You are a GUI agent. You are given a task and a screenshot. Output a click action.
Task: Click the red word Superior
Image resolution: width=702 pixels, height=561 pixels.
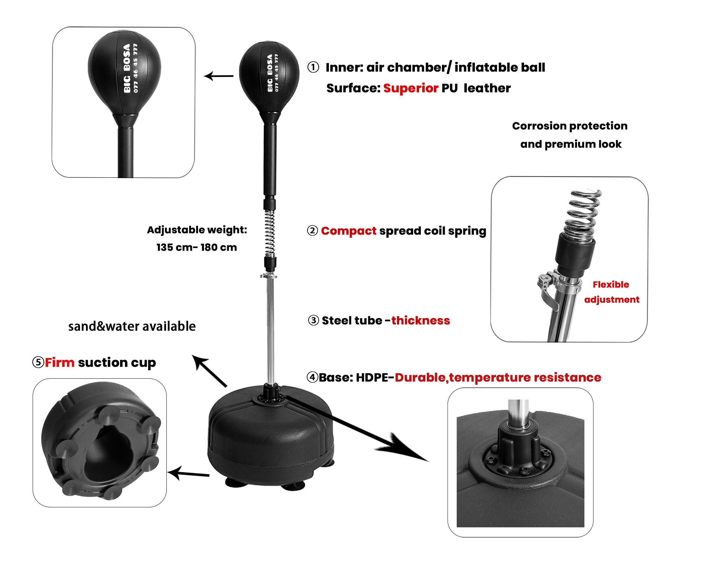tap(411, 88)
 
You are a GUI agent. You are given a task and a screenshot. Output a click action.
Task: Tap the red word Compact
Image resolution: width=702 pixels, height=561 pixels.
tap(349, 231)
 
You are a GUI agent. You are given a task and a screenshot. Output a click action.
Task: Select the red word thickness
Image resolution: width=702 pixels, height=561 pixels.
tap(420, 320)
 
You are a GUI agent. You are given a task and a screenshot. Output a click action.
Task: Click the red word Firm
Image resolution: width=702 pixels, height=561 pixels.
tap(60, 362)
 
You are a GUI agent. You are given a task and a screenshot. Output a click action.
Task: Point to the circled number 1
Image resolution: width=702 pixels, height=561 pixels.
tap(313, 67)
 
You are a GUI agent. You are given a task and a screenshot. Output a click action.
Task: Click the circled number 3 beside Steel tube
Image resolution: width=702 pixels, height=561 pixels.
tap(313, 320)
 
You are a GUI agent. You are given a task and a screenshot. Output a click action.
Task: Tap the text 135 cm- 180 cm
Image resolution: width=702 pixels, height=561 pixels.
tap(197, 247)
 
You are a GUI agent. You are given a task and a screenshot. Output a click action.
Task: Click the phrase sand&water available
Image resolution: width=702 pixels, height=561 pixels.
tap(132, 326)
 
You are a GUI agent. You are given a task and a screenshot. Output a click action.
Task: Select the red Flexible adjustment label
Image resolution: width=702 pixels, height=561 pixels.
tap(611, 292)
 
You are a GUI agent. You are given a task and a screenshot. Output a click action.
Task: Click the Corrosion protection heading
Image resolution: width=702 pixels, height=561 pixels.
tap(570, 126)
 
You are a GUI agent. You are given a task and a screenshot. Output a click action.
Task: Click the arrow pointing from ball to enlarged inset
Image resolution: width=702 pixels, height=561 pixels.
tap(219, 76)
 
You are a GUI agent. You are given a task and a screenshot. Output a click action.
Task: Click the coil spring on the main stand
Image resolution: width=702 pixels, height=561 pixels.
tap(270, 233)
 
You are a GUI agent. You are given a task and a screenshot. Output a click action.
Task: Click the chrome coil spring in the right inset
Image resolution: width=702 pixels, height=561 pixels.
tap(583, 216)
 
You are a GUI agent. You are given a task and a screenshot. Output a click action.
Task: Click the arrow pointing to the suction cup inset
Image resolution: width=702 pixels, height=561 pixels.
tap(188, 473)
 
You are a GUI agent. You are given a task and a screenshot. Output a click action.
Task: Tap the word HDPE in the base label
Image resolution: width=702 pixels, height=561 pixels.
tap(372, 377)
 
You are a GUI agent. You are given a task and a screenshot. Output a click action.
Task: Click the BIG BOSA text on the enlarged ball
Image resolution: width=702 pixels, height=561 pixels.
tap(127, 68)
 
